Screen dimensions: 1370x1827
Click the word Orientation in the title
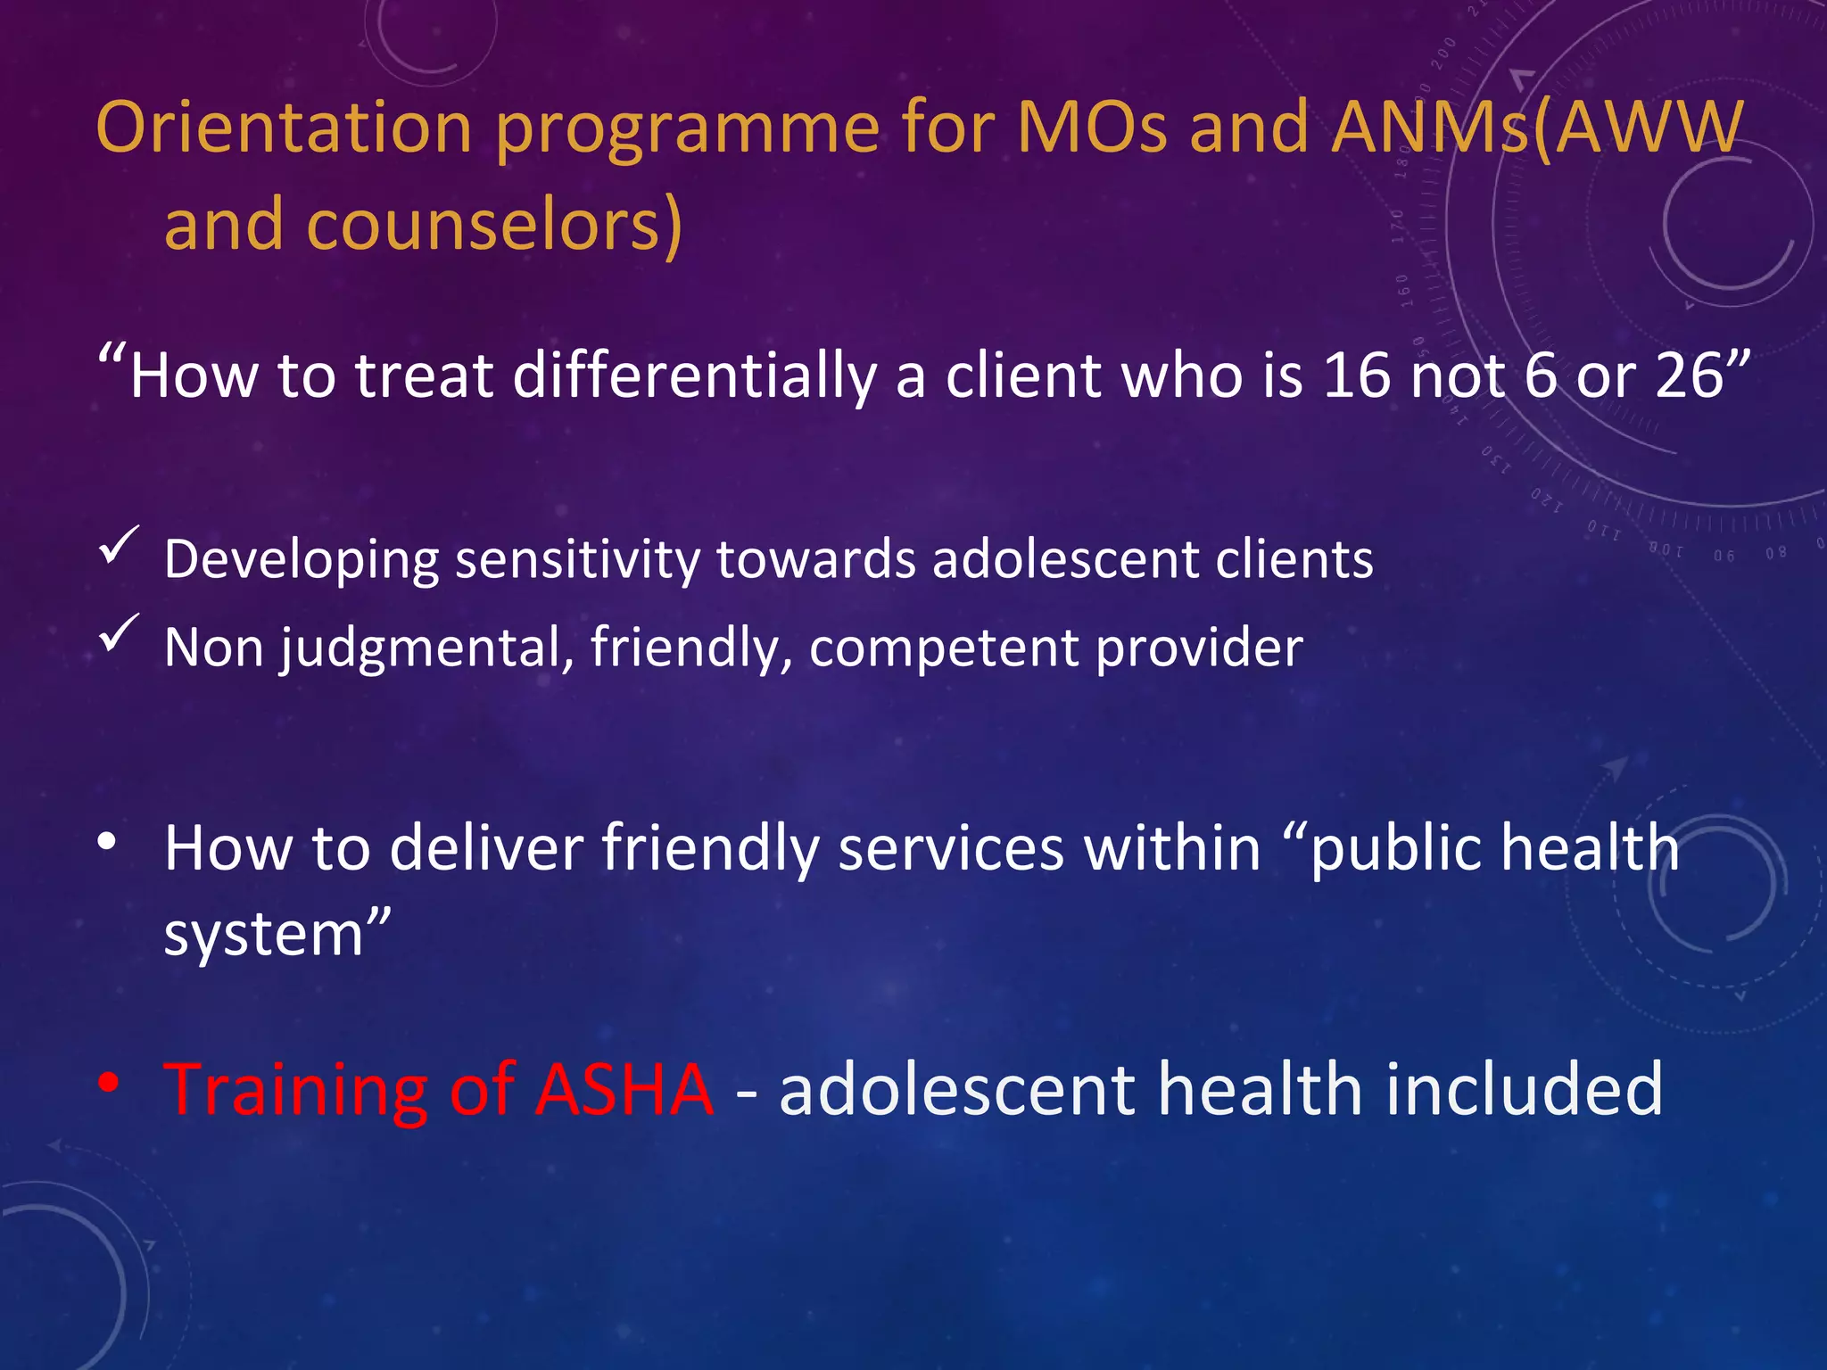284,128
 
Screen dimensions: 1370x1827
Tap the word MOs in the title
1091,128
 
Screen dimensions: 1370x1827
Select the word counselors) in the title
494,225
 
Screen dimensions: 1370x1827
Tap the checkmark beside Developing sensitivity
118,545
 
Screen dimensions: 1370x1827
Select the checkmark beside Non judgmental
118,632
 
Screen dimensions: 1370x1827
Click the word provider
1199,648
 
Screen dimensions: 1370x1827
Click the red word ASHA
624,1089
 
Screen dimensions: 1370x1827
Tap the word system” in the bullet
277,935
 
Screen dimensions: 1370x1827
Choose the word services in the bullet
951,847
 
